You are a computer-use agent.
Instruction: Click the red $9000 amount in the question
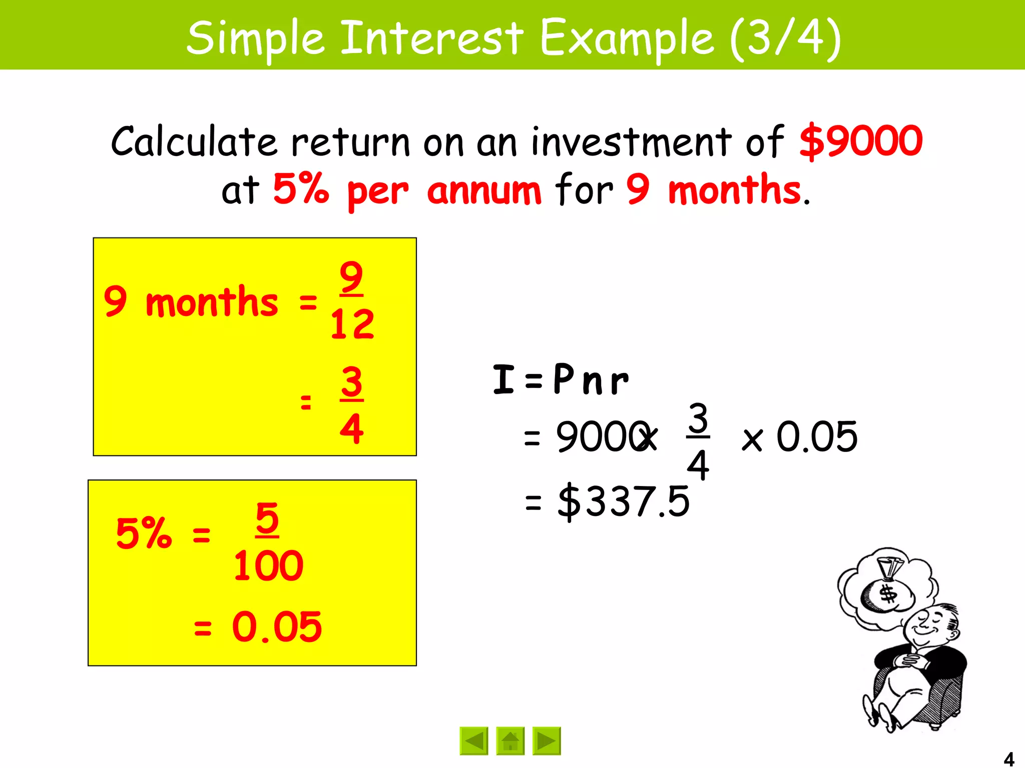(861, 141)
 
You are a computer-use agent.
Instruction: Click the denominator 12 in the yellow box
(352, 324)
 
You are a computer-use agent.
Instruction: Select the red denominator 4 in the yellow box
(351, 428)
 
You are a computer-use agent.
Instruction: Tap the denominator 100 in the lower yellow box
(268, 566)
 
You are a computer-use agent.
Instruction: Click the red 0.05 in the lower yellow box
(277, 627)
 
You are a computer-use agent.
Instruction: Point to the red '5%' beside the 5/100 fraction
(144, 533)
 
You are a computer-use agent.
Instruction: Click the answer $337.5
(624, 501)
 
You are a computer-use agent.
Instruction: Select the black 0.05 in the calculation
(817, 436)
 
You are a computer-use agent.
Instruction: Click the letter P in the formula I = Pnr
(564, 378)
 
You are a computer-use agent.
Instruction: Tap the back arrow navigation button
(473, 740)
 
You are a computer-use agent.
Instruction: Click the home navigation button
(510, 740)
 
